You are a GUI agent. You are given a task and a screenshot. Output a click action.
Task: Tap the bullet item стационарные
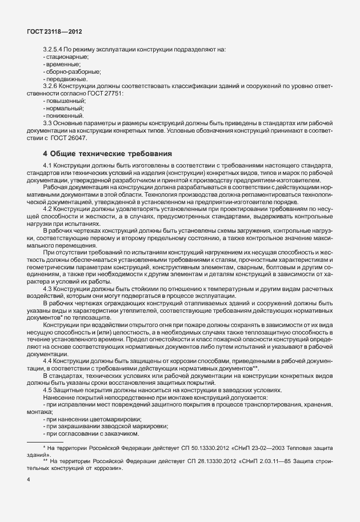pyautogui.click(x=66, y=57)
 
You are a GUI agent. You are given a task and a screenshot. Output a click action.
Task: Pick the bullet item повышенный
pyautogui.click(x=65, y=101)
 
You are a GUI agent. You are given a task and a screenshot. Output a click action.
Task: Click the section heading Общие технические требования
pyautogui.click(x=109, y=154)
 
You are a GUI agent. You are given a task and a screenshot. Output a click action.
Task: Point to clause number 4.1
pyautogui.click(x=48, y=165)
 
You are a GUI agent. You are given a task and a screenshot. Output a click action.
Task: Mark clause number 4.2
pyautogui.click(x=48, y=209)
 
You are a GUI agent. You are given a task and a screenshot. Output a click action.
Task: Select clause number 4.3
pyautogui.click(x=48, y=289)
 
